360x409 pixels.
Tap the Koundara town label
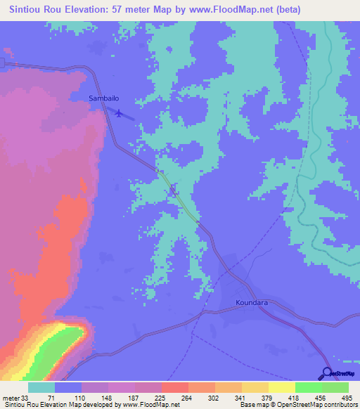250,304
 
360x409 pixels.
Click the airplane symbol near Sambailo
120,113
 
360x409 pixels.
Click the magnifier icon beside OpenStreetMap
326,372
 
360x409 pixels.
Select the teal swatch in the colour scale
41,387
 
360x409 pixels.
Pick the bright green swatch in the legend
309,387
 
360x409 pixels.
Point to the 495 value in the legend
346,397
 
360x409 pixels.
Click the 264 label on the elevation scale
186,397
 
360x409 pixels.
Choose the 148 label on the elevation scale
104,397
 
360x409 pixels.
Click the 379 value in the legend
266,397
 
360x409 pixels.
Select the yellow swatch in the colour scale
282,387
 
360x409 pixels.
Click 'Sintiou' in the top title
25,10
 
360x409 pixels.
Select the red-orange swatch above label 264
175,387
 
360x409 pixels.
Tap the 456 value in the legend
321,397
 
